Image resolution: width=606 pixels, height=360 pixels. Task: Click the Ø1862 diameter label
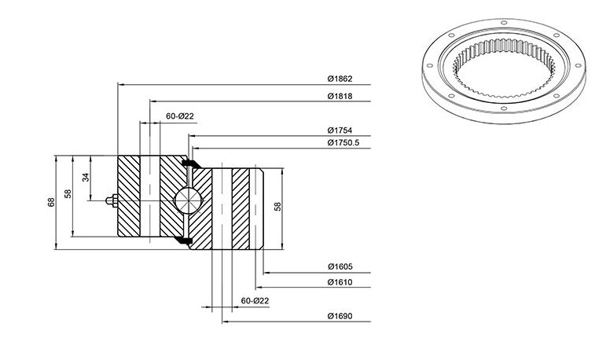pos(340,79)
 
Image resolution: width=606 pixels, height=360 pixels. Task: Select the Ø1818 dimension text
pos(340,96)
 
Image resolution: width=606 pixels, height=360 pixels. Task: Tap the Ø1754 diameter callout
pos(340,130)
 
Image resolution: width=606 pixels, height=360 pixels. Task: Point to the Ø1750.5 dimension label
pos(343,143)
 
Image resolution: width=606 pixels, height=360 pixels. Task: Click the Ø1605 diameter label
pos(340,266)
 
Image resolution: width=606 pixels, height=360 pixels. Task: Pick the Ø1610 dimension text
pos(340,282)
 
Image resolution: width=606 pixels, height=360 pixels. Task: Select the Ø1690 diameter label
pos(340,316)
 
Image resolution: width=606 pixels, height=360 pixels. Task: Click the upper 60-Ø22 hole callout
pos(180,116)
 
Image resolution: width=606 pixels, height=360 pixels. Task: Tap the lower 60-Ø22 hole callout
pos(255,300)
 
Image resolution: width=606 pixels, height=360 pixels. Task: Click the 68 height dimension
pos(51,202)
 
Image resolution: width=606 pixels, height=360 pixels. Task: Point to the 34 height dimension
pos(86,178)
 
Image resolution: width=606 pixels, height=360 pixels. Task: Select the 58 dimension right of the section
pos(277,207)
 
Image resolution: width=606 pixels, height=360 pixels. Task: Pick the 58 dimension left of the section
pos(68,193)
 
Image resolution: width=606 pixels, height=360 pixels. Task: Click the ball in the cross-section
pos(188,200)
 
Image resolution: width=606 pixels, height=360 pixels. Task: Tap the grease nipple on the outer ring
pos(112,200)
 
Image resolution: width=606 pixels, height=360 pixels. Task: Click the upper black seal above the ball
pos(190,163)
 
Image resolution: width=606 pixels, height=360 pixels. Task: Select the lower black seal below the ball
pos(183,240)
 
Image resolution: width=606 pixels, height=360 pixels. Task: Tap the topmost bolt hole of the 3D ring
pos(504,23)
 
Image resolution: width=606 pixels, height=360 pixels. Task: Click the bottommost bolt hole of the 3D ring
pos(504,108)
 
